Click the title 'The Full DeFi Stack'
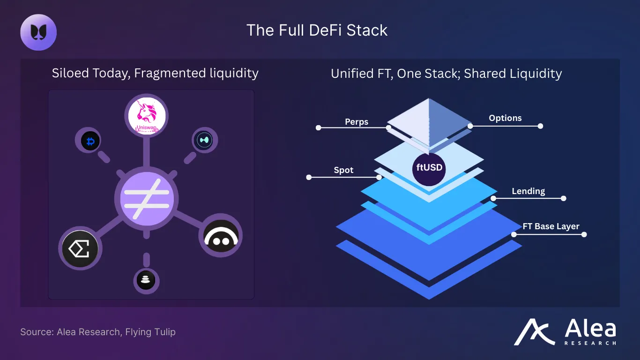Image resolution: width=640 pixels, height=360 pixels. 317,30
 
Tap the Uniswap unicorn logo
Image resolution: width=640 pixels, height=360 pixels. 146,115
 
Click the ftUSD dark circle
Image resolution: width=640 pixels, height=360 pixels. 429,168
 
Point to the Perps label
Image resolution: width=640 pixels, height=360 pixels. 357,122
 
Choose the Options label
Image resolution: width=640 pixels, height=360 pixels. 505,118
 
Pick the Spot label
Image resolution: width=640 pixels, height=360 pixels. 343,170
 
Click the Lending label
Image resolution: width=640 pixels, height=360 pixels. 528,191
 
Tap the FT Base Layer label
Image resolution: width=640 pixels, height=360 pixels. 551,226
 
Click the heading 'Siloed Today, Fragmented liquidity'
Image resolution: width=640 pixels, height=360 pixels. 155,73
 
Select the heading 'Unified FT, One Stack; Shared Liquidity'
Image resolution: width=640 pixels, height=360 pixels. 446,74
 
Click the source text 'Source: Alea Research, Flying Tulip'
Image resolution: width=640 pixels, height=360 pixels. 98,332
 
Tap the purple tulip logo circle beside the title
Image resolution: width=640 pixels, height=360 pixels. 38,32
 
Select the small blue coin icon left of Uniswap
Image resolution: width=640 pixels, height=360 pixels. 90,141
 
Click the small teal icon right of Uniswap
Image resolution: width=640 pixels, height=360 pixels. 205,140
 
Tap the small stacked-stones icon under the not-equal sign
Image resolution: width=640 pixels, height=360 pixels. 146,280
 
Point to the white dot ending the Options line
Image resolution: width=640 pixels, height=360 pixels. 540,126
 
